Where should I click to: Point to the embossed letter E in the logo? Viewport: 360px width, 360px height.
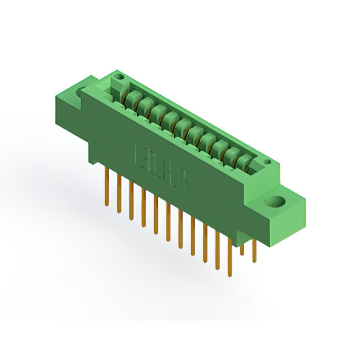[x=142, y=155]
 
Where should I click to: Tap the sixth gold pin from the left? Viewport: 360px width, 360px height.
[x=168, y=222]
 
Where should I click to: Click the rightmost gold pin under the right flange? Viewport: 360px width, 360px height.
[x=254, y=250]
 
